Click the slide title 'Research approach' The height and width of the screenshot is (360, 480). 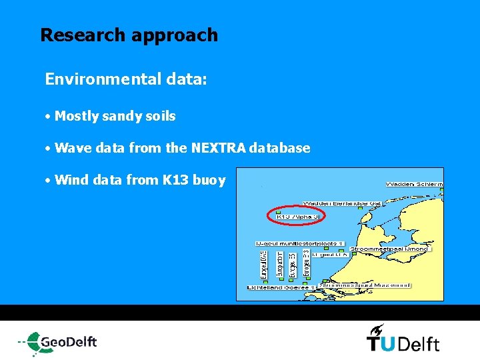(x=129, y=35)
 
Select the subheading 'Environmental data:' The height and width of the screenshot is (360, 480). (x=126, y=80)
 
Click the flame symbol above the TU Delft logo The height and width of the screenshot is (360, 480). (x=377, y=329)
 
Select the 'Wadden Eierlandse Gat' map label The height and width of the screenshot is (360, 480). (x=343, y=203)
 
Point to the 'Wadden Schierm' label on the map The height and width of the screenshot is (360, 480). (x=414, y=184)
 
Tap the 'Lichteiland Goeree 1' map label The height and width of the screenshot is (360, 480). (x=280, y=287)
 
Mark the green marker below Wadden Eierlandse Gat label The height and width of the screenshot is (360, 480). (x=359, y=209)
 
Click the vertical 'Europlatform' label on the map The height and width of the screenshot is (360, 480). (x=280, y=264)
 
